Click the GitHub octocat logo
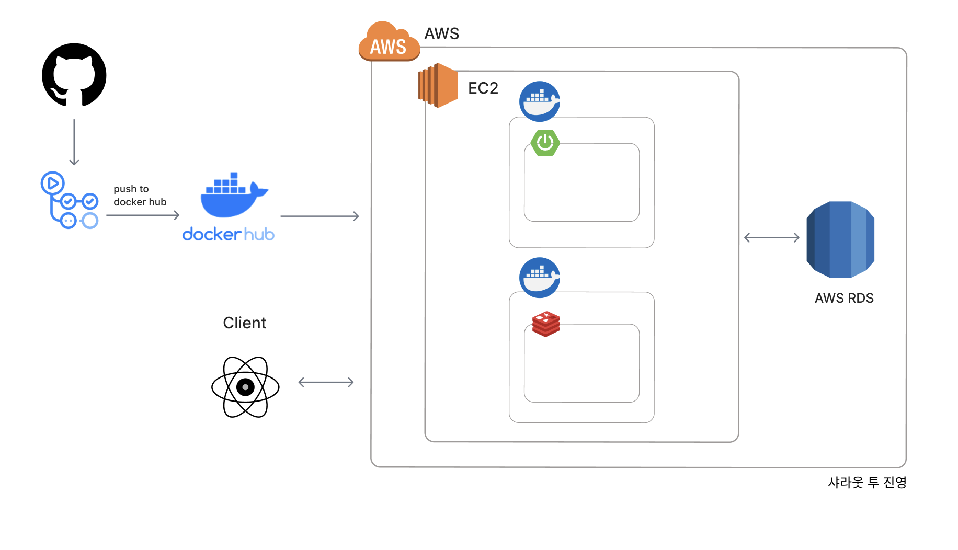click(x=74, y=75)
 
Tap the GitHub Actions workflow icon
click(x=70, y=200)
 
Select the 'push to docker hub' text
click(x=140, y=196)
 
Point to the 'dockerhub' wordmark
click(x=228, y=234)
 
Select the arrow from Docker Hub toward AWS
click(x=320, y=216)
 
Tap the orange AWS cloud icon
click(x=389, y=42)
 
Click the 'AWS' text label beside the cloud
click(x=441, y=33)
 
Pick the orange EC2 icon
click(x=438, y=85)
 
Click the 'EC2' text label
click(x=483, y=88)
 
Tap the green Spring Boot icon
click(x=545, y=142)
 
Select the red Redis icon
click(x=546, y=324)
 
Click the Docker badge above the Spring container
click(x=540, y=101)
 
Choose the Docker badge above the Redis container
click(x=540, y=278)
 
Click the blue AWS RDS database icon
click(x=840, y=239)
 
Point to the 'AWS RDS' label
click(x=844, y=298)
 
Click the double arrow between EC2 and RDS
click(x=771, y=238)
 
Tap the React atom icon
click(x=245, y=387)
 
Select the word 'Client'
click(x=244, y=323)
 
